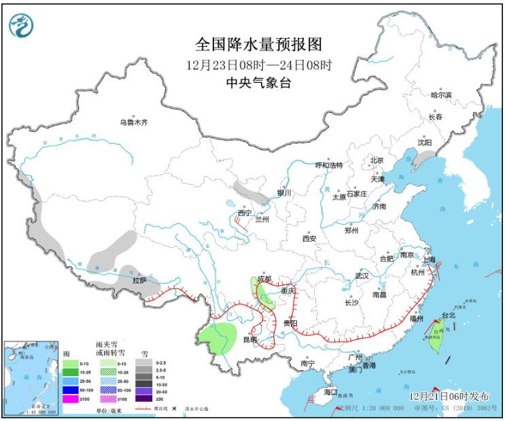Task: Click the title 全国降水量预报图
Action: point(258,45)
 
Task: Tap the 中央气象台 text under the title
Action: point(258,83)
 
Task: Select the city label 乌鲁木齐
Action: point(134,123)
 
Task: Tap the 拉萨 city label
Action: point(139,280)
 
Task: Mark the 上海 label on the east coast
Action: point(428,259)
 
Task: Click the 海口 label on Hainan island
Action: point(330,393)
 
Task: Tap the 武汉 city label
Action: point(361,276)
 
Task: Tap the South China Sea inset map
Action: point(31,377)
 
